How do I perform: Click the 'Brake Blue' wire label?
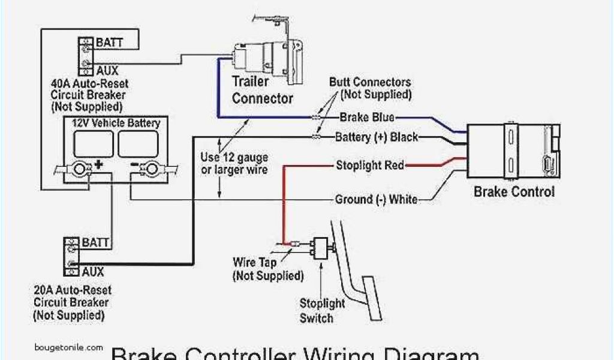(x=367, y=117)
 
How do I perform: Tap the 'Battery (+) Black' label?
(x=377, y=137)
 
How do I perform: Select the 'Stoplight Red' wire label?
(x=370, y=165)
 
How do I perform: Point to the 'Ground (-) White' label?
(x=376, y=199)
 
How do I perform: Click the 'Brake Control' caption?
(x=514, y=192)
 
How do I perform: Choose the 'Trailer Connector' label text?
(x=262, y=89)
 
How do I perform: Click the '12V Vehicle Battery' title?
(x=116, y=124)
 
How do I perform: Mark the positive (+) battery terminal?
(x=79, y=170)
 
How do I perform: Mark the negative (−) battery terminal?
(x=147, y=170)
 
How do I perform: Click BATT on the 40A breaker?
(x=109, y=43)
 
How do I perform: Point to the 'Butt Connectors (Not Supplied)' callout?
(x=370, y=88)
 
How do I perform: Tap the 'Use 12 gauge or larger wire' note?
(x=234, y=163)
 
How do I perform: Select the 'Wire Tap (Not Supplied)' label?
(x=267, y=269)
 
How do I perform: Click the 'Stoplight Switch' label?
(x=322, y=311)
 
